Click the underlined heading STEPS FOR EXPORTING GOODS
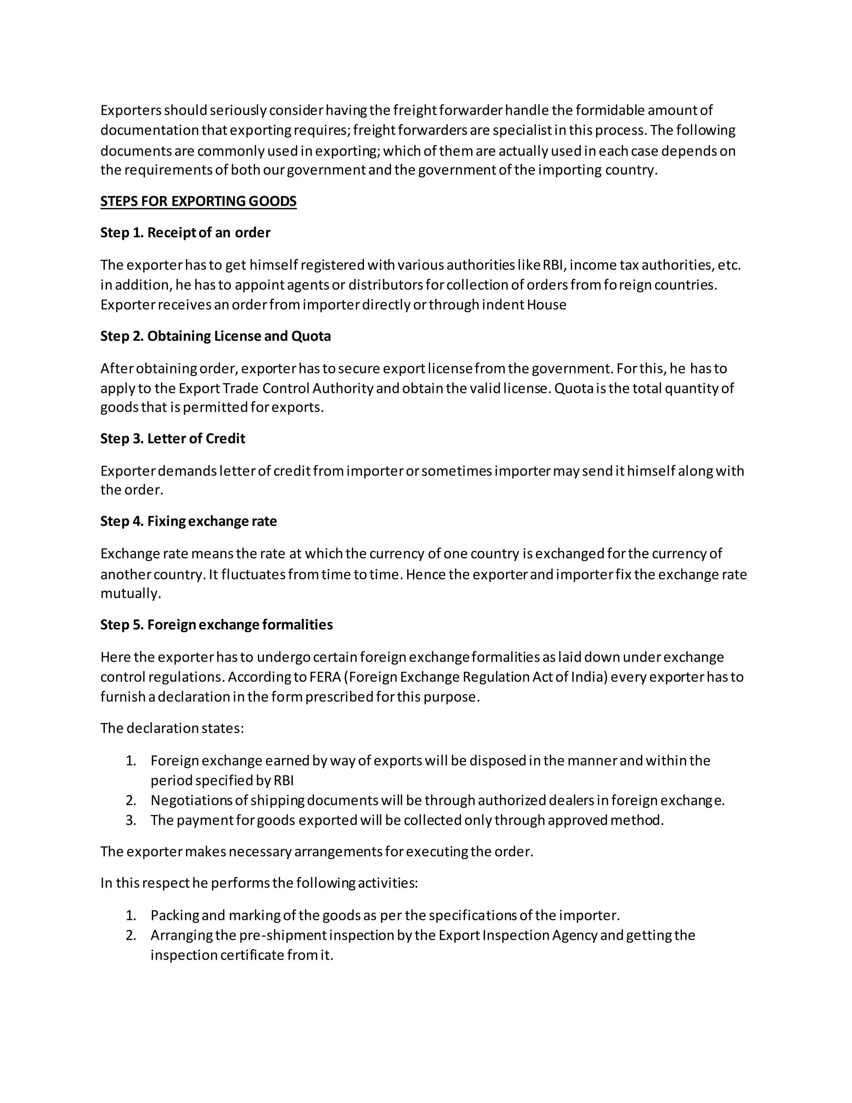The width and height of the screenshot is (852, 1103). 198,201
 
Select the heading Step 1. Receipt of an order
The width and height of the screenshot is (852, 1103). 185,233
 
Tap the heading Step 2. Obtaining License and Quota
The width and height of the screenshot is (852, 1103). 215,336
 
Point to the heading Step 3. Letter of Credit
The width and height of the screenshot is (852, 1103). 173,439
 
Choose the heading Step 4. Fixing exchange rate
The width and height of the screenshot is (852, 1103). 188,522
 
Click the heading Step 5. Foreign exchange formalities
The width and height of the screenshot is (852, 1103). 216,625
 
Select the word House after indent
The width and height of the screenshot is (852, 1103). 546,305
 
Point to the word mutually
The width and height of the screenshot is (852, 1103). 131,594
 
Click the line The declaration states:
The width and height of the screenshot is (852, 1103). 172,729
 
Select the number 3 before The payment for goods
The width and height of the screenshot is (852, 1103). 131,820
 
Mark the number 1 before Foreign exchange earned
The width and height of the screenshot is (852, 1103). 131,761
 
